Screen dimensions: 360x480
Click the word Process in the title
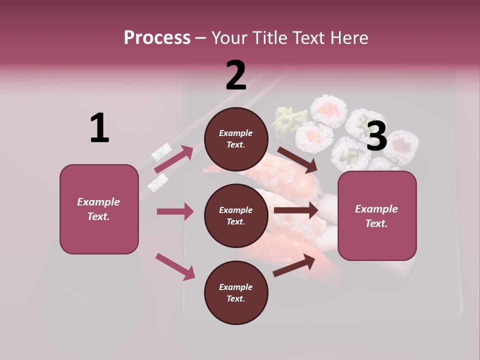pyautogui.click(x=157, y=38)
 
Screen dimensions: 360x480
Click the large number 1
pyautogui.click(x=99, y=128)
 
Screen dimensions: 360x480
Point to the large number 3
pyautogui.click(x=376, y=136)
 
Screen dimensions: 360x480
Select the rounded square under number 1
pyautogui.click(x=99, y=209)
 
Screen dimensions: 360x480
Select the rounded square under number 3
pyautogui.click(x=377, y=215)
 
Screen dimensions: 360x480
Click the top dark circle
pyautogui.click(x=236, y=139)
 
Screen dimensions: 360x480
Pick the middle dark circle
pyautogui.click(x=236, y=215)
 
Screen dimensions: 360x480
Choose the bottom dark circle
pyautogui.click(x=236, y=292)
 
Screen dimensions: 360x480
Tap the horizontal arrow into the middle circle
pyautogui.click(x=175, y=211)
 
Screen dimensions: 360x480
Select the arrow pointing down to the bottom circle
pyautogui.click(x=175, y=266)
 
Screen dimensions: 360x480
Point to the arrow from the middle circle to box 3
pyautogui.click(x=296, y=210)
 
